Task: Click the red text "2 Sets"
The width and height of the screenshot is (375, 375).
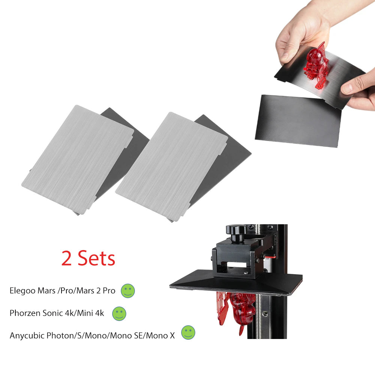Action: pyautogui.click(x=88, y=259)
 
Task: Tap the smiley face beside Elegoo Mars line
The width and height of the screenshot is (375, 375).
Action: pyautogui.click(x=128, y=291)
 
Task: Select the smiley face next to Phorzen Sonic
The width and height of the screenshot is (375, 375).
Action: pyautogui.click(x=119, y=313)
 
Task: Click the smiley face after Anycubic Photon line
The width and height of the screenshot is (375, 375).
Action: pyautogui.click(x=188, y=333)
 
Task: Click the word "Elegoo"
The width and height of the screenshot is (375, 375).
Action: pyautogui.click(x=22, y=291)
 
